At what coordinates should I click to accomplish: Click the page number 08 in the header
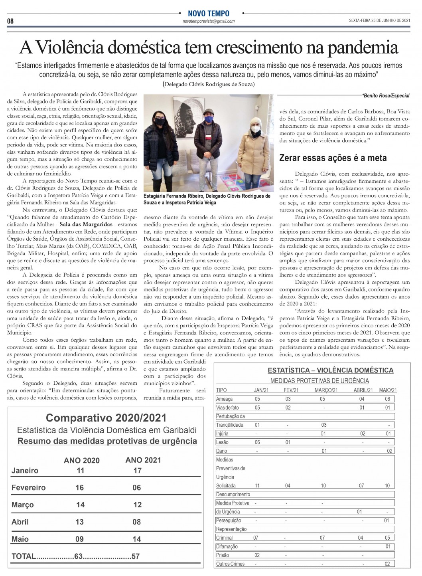[10, 21]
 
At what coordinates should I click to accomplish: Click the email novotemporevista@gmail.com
[209, 21]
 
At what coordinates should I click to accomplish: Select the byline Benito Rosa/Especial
[385, 96]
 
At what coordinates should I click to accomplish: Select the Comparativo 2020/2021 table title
[106, 418]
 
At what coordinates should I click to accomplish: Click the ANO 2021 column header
[143, 460]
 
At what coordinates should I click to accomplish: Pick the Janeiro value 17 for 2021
[137, 471]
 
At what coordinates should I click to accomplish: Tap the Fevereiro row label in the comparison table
[28, 488]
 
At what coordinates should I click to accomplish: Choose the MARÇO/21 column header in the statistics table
[326, 390]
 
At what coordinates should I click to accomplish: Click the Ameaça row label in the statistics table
[224, 399]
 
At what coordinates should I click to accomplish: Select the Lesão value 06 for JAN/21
[257, 442]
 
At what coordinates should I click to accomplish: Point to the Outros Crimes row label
[230, 564]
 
